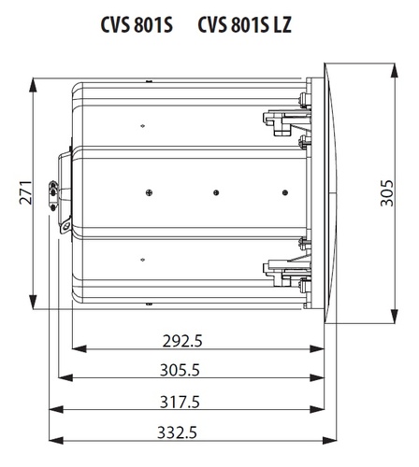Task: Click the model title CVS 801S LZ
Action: pos(245,24)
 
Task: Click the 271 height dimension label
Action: pos(25,192)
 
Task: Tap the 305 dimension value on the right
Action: pos(387,193)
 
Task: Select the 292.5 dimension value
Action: pos(182,341)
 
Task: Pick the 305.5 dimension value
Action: pos(180,370)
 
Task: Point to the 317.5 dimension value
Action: pos(180,402)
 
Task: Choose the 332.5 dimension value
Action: pos(177,432)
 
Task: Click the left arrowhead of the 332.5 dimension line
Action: pos(56,440)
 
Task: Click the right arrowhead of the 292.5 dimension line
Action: pos(317,348)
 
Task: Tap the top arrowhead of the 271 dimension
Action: pos(33,85)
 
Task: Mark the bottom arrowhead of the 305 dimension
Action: pos(394,317)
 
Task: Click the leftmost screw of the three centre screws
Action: pos(150,192)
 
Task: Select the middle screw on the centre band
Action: pos(216,192)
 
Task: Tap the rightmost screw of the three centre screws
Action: pos(285,192)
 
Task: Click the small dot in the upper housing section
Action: pos(142,126)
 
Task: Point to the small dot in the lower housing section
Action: pos(142,260)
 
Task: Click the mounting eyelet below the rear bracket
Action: pos(65,226)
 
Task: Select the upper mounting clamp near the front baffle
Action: pos(287,122)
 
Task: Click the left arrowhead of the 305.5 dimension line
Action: pos(65,378)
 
